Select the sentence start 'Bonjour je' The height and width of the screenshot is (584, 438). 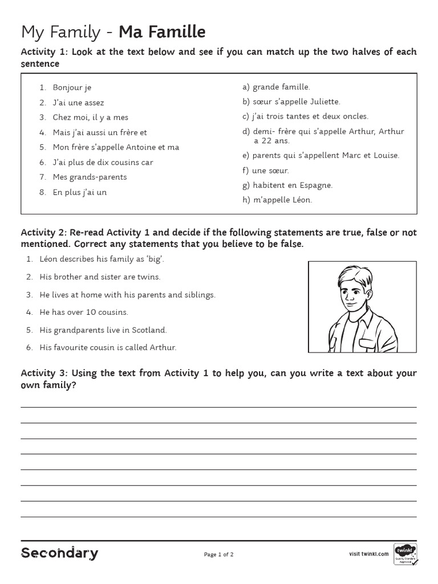72,88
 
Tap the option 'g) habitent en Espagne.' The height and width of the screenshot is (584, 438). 287,185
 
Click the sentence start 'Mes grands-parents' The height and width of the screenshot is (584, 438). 90,177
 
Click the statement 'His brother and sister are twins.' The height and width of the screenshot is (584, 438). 100,277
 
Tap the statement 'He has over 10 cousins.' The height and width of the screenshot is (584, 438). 84,313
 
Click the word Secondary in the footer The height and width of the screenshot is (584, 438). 59,553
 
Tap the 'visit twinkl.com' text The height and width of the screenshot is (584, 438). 368,554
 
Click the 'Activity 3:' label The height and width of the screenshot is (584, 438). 44,374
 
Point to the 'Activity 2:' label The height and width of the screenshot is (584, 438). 44,233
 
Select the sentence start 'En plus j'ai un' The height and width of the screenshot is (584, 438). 80,192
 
